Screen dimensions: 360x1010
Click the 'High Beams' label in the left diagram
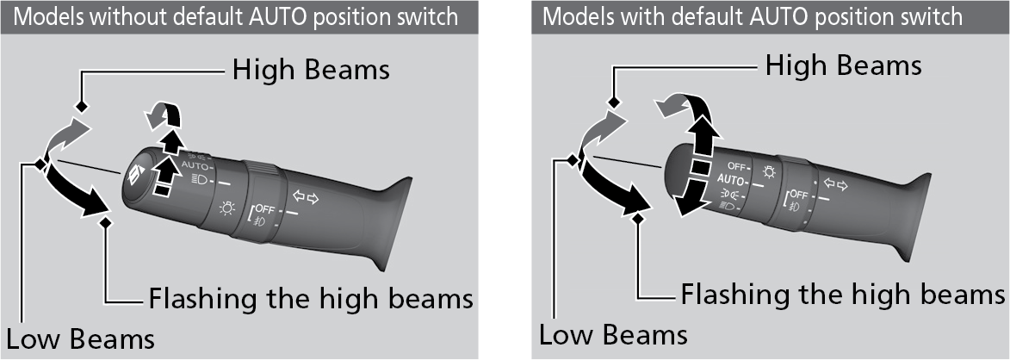coord(311,70)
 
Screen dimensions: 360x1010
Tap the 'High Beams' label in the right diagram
coord(844,65)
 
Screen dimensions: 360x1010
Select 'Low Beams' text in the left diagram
coord(81,338)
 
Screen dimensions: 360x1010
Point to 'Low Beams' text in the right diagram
coord(613,333)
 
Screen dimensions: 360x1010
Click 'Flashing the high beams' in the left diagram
coord(311,299)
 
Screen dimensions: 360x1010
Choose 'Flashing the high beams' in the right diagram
coord(843,295)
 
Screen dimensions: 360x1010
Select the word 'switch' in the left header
coord(425,17)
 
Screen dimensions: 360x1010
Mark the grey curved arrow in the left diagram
coord(68,138)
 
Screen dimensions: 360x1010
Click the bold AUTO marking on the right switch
coord(733,180)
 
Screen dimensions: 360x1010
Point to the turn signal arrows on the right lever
coord(835,183)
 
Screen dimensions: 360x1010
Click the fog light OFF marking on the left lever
coord(263,209)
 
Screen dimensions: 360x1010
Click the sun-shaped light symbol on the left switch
coord(227,207)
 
